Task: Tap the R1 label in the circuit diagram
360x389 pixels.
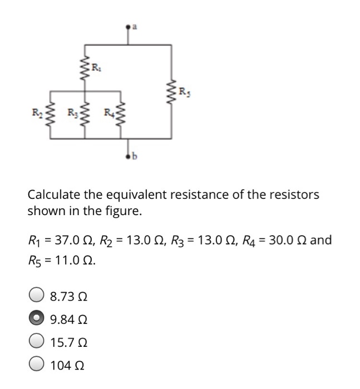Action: pos(96,68)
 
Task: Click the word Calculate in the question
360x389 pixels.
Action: pos(54,195)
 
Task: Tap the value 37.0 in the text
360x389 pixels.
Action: pos(66,241)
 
